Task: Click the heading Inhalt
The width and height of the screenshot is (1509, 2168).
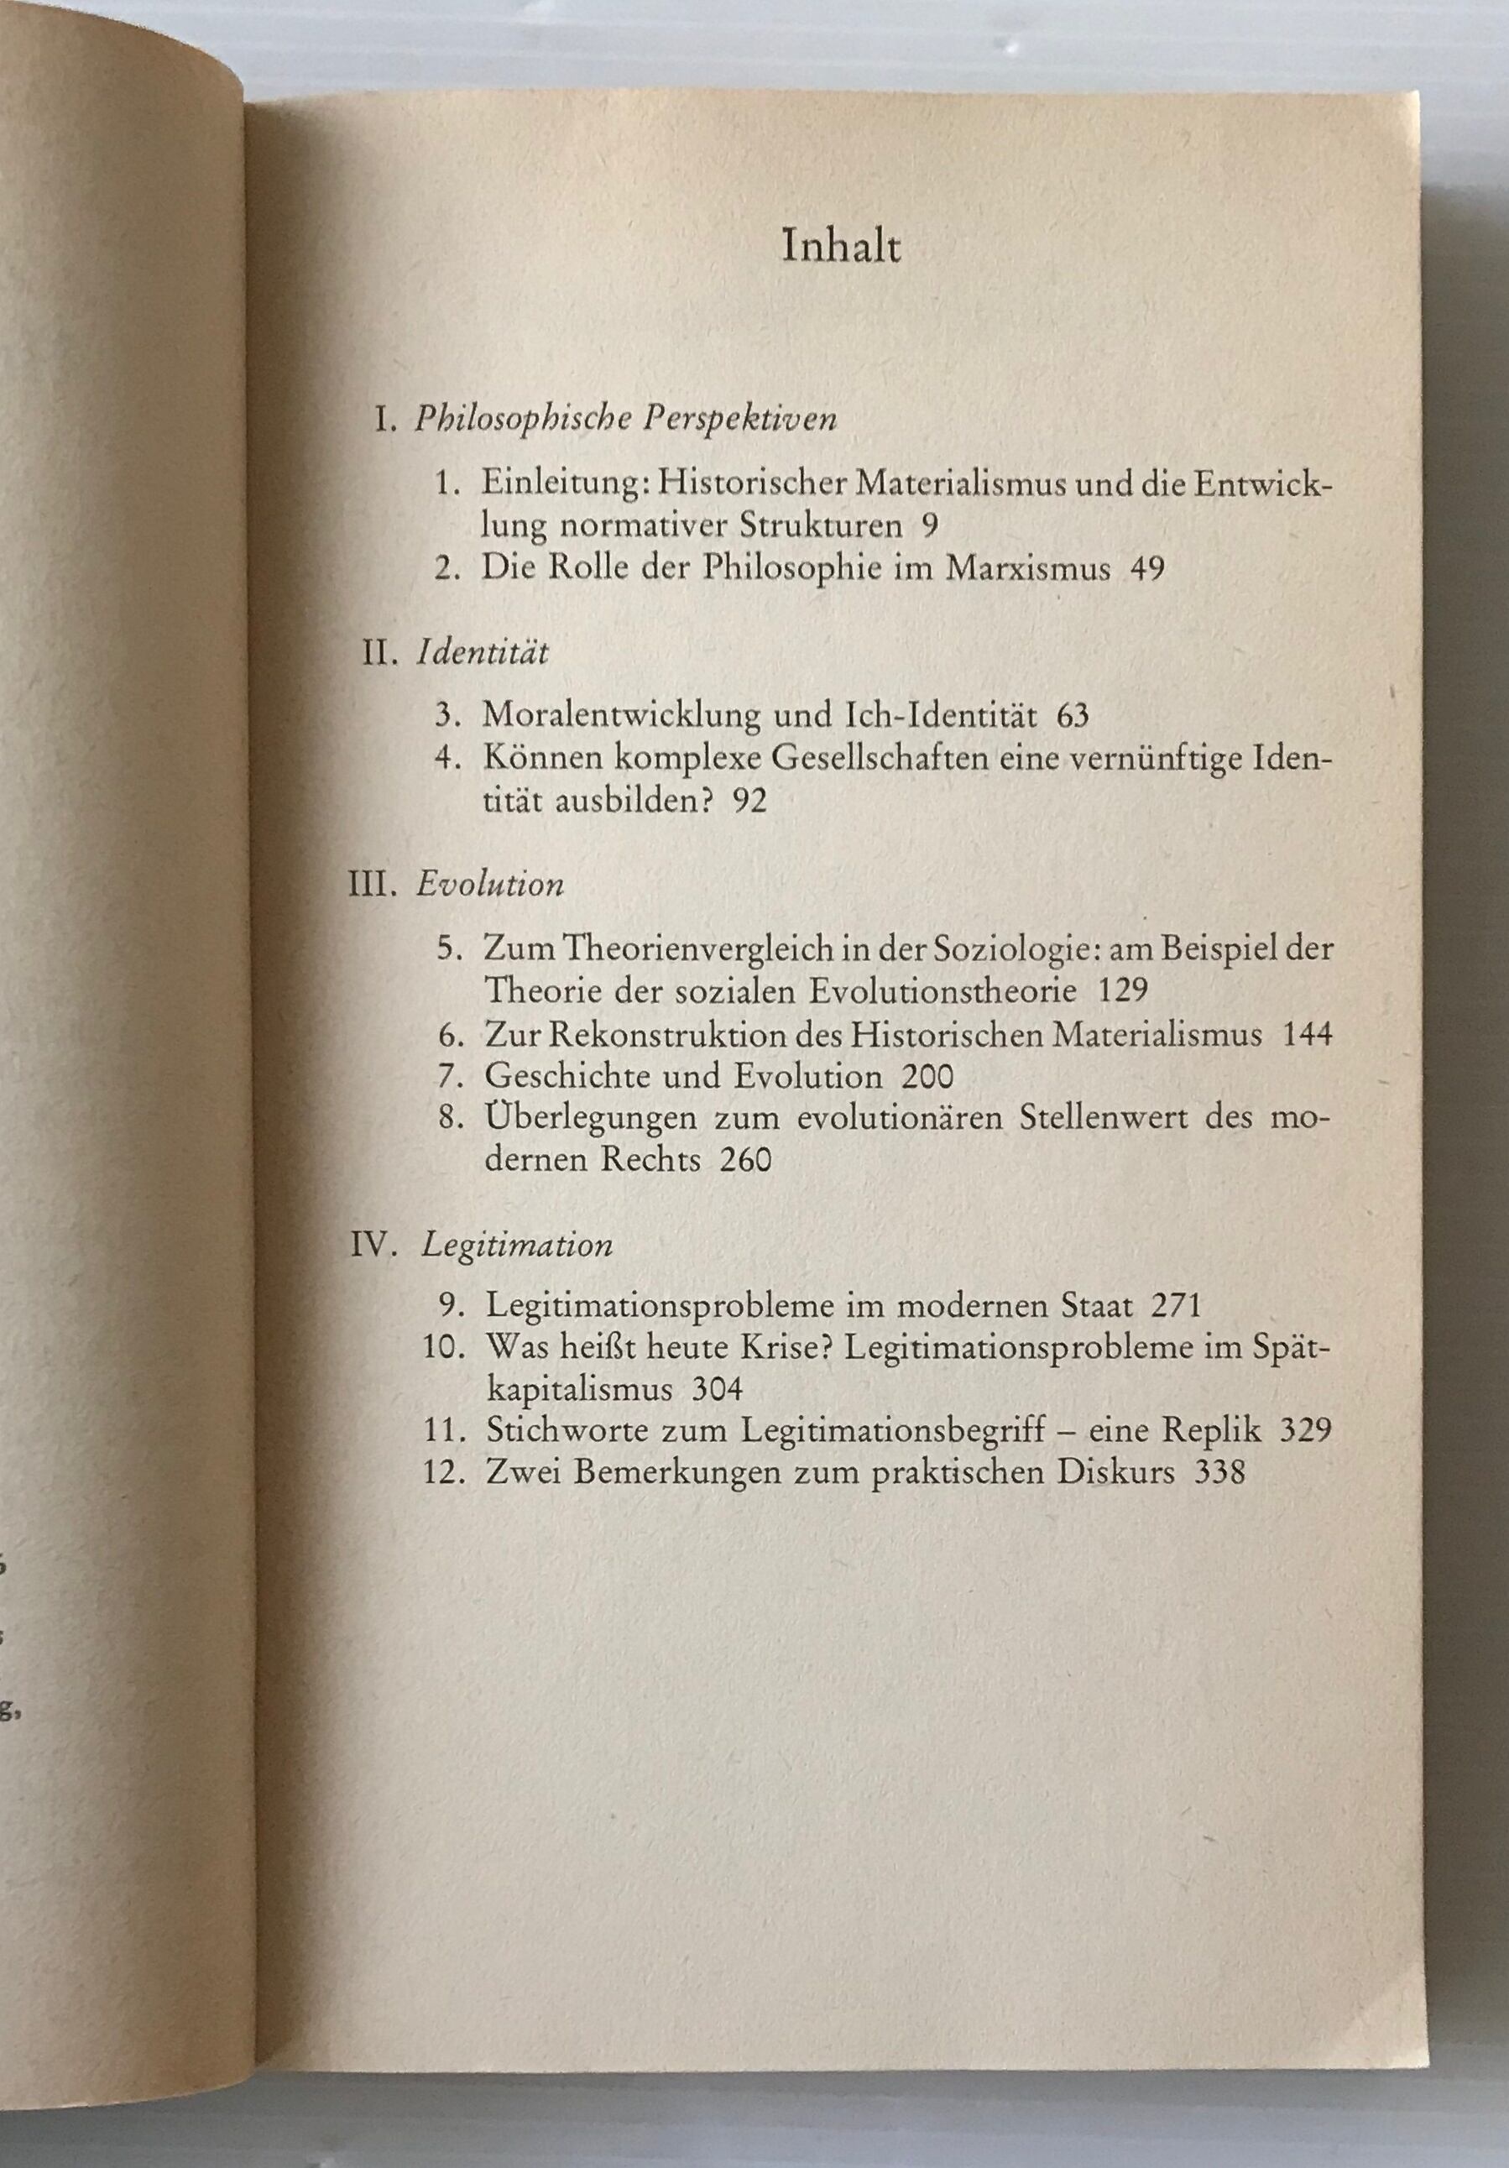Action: pos(842,248)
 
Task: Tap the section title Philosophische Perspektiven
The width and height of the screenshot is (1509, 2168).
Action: pos(625,421)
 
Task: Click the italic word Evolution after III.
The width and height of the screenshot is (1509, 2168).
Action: pos(490,885)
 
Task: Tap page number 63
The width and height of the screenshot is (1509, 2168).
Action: pos(1073,715)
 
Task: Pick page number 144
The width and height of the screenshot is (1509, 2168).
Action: pos(1308,1035)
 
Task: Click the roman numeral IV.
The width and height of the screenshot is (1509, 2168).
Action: pos(378,1246)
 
